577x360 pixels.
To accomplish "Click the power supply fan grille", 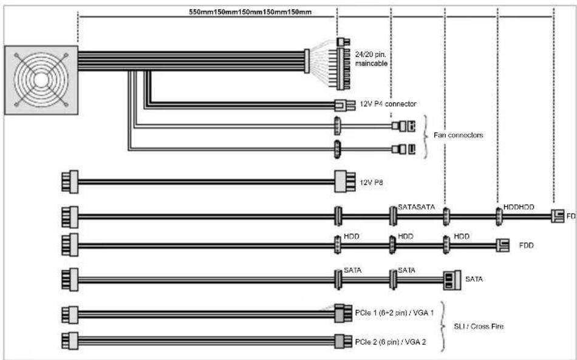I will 41,80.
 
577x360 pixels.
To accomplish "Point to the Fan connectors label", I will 458,135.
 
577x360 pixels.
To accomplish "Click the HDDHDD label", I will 519,207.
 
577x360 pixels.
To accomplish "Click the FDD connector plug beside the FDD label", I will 502,246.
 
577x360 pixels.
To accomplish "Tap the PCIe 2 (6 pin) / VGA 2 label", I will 392,341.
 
